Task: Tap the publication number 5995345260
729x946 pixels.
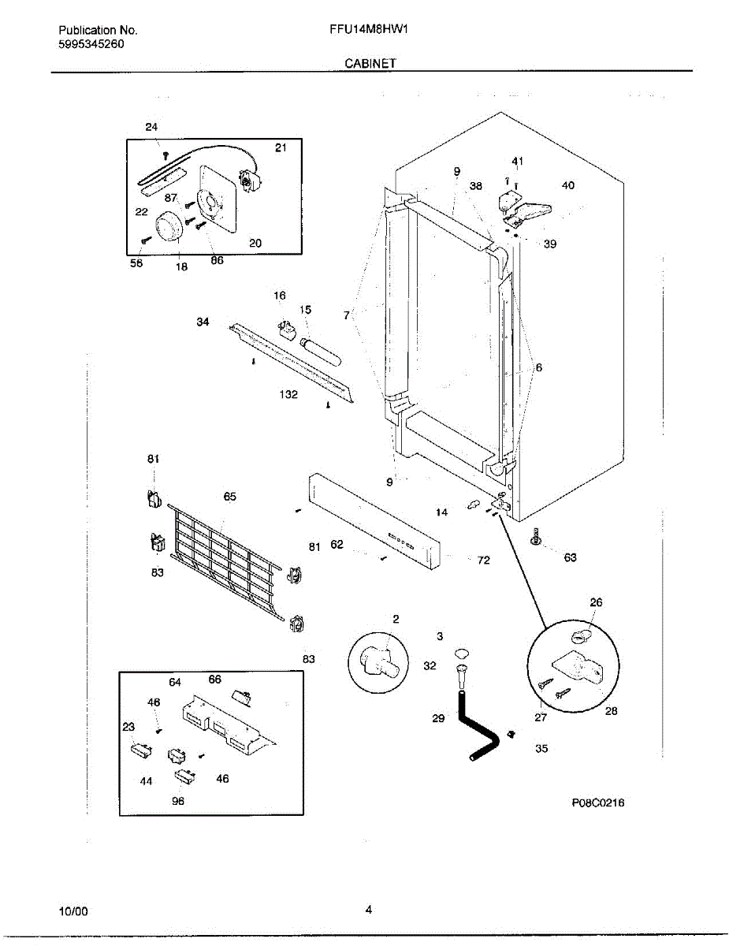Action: pos(91,43)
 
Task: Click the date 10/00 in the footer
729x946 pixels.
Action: pos(73,911)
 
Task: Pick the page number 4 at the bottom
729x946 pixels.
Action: pos(368,910)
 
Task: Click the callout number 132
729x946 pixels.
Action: pos(288,394)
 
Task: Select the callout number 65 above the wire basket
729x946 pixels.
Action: pos(229,497)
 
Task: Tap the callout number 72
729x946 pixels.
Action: pos(483,560)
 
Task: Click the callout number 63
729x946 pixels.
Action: pos(570,557)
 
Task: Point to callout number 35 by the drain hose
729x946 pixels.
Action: pos(541,748)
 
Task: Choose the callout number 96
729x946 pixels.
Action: pos(178,801)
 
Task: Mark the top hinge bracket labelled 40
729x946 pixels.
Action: pos(531,209)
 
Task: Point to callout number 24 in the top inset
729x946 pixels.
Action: pos(151,127)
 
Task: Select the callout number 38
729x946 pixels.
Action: pos(476,187)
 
